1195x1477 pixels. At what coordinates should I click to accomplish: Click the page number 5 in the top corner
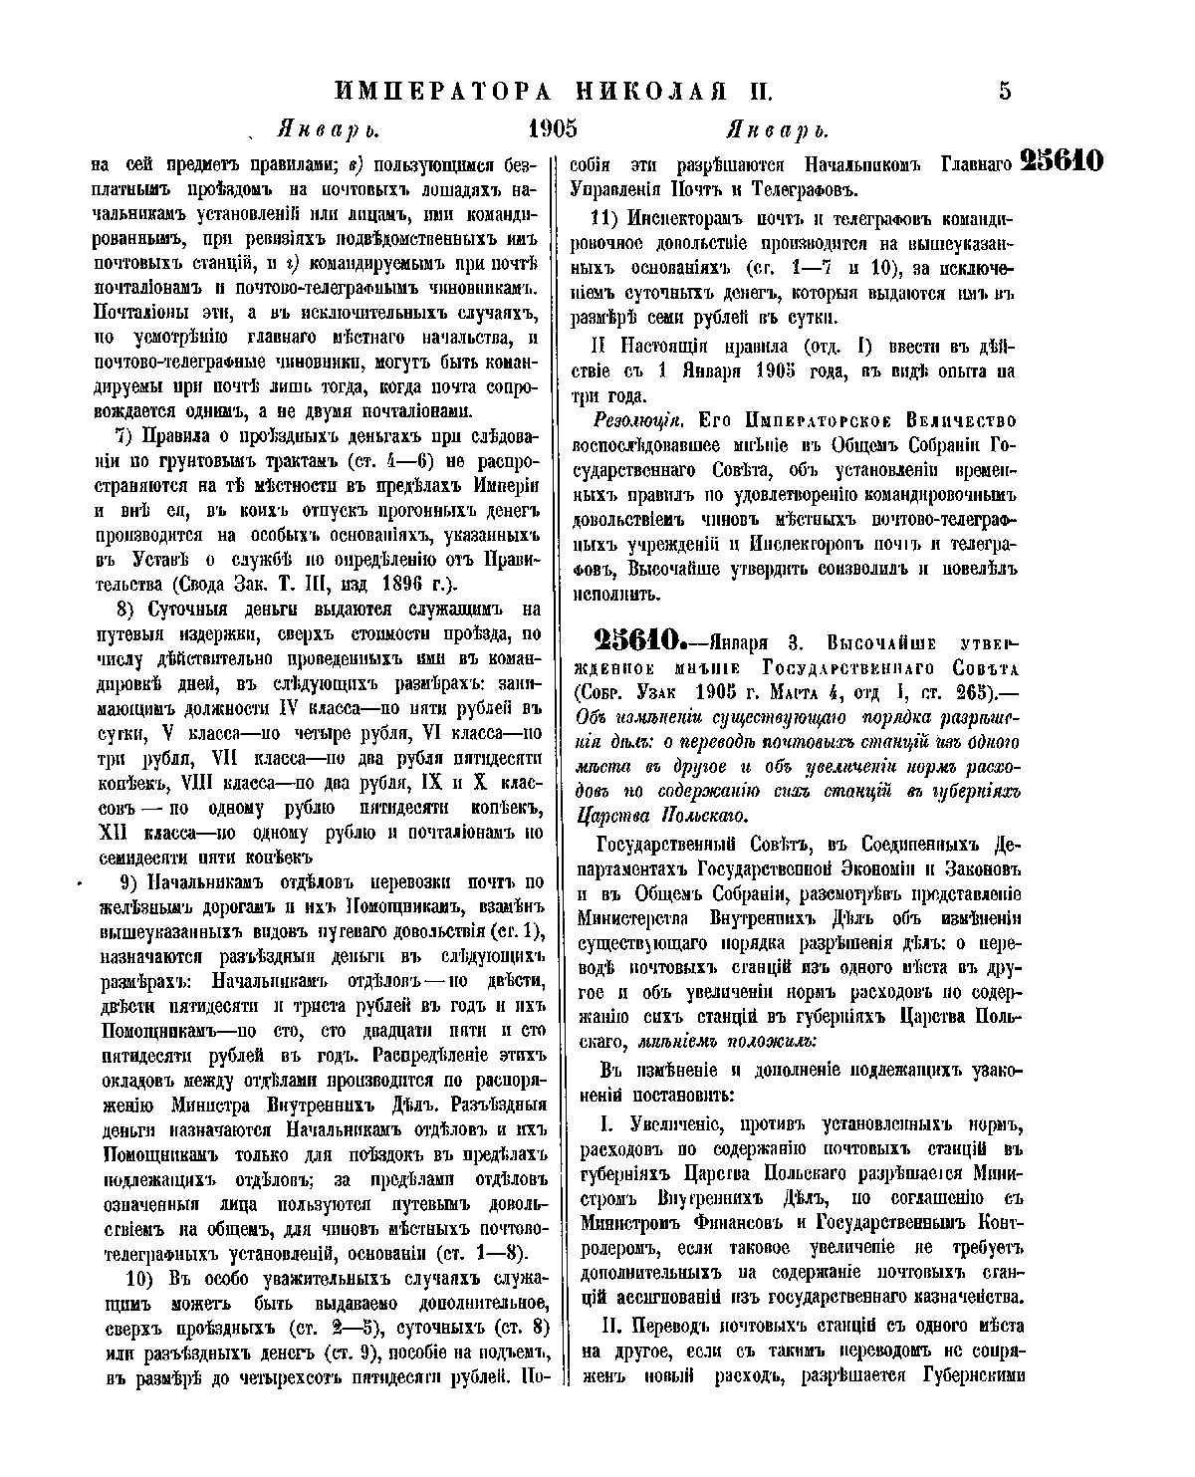pyautogui.click(x=1004, y=92)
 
